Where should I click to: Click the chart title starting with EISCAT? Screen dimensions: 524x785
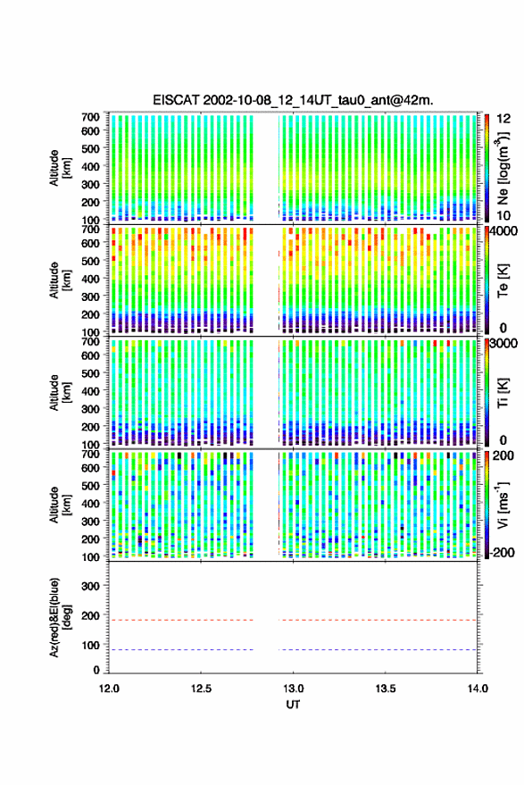[294, 100]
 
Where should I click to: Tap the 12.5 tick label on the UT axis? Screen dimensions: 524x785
[201, 689]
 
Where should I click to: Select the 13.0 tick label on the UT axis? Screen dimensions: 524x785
[293, 689]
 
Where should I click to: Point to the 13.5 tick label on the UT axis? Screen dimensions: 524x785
[386, 689]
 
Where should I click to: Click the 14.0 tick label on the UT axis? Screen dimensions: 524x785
[478, 689]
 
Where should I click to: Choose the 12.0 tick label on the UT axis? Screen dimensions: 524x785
[109, 689]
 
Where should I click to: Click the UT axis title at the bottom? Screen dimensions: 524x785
[293, 705]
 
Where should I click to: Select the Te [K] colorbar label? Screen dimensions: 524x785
[503, 280]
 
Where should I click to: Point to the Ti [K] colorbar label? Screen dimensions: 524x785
[503, 392]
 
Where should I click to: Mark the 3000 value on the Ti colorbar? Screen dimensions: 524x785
[503, 344]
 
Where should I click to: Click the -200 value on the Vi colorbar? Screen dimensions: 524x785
[502, 553]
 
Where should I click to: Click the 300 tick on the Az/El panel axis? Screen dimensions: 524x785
[90, 586]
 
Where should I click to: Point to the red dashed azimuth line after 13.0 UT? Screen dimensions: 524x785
[378, 621]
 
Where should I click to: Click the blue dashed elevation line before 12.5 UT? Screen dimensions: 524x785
[155, 650]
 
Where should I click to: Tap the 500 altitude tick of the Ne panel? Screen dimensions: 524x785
[90, 148]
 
